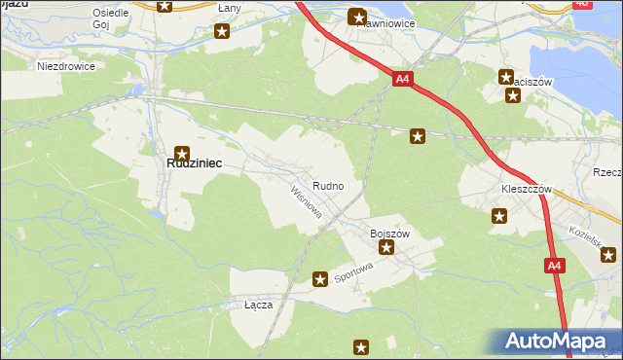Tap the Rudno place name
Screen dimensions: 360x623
(x=327, y=185)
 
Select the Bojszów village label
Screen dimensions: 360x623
(x=389, y=234)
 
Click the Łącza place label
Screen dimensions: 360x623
(x=258, y=305)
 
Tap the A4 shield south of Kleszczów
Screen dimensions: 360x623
(x=553, y=266)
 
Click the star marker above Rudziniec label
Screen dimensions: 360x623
(x=181, y=151)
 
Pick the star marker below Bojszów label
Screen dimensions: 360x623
(x=386, y=248)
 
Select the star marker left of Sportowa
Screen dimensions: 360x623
(x=319, y=280)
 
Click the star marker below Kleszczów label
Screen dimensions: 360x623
(x=499, y=217)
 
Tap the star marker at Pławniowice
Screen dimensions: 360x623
(x=357, y=17)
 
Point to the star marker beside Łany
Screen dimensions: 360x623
(x=222, y=31)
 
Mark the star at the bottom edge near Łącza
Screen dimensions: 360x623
(x=361, y=347)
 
